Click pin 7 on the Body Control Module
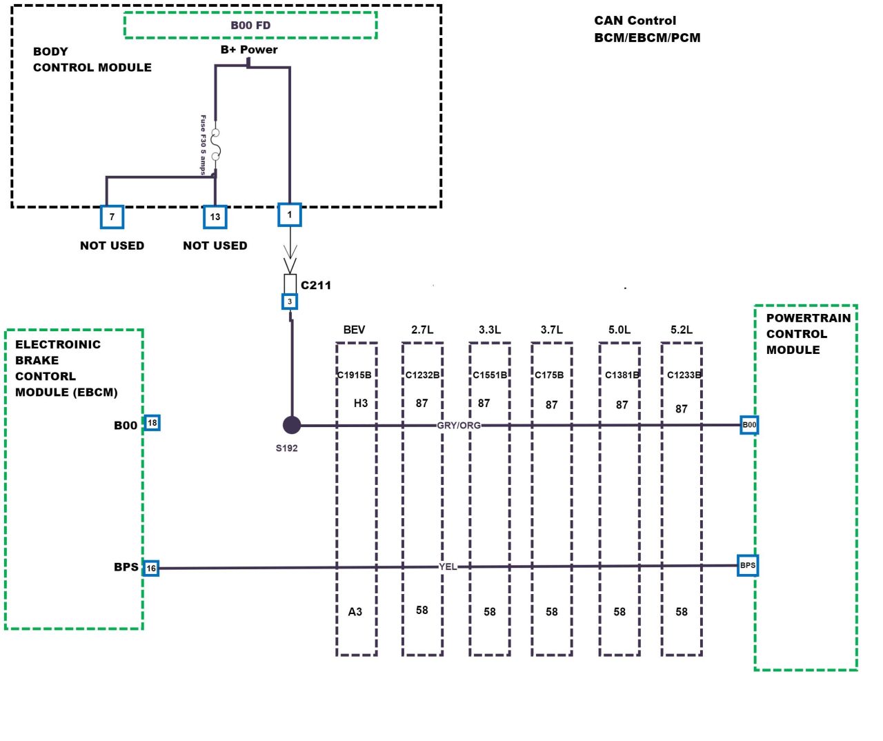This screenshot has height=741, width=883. click(112, 217)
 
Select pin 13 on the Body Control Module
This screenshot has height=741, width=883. click(215, 217)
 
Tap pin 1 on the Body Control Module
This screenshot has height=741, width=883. click(290, 215)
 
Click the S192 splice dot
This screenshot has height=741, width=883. click(292, 425)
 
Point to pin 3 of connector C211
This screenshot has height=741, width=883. click(290, 302)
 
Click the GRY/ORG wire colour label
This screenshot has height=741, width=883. click(459, 425)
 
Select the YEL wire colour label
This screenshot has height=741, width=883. click(448, 566)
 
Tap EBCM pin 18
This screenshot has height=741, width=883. click(152, 423)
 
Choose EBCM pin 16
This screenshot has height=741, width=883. click(151, 569)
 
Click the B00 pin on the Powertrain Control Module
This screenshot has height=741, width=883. click(749, 425)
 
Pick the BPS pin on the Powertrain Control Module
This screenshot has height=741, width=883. click(748, 566)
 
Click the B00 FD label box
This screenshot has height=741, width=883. click(250, 26)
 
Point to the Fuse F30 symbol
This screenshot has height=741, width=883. click(215, 145)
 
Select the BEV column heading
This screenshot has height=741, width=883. click(354, 330)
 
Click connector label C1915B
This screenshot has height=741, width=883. click(355, 375)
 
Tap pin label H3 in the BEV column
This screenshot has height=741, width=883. click(361, 403)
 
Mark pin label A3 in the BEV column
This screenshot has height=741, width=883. click(355, 612)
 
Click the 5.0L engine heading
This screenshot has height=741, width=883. click(619, 330)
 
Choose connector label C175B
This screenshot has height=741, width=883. click(550, 375)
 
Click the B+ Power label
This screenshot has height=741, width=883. click(249, 50)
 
